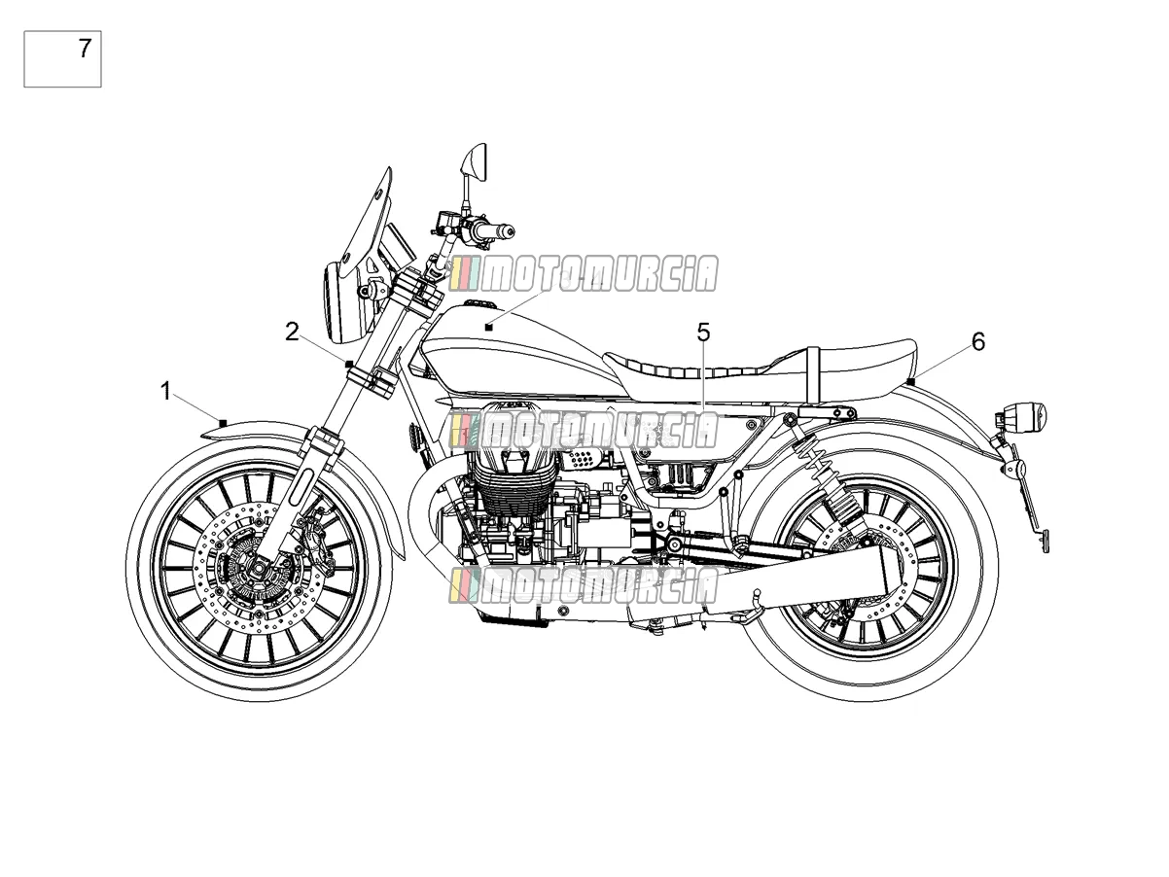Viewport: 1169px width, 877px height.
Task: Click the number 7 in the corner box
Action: click(86, 49)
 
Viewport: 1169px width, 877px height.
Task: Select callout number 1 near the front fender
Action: click(166, 392)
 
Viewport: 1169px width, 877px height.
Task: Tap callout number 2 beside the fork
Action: click(292, 332)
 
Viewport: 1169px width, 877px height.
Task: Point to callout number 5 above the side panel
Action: click(703, 333)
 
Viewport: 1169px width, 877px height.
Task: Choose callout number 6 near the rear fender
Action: click(978, 341)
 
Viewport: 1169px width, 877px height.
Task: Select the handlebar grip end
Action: click(510, 231)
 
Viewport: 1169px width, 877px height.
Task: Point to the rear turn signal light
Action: click(1025, 413)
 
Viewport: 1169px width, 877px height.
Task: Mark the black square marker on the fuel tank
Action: click(488, 327)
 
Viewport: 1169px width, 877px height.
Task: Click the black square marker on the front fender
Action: click(224, 423)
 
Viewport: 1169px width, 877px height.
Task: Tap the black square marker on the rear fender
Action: click(911, 381)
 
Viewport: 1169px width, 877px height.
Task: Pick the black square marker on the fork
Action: click(349, 365)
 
